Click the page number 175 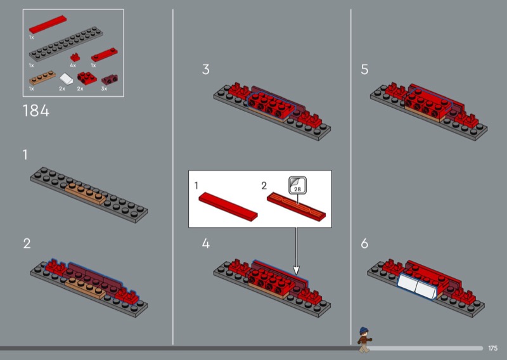point(493,348)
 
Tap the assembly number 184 point(36,111)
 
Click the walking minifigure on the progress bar point(364,340)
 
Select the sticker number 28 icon point(297,185)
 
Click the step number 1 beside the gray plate point(25,155)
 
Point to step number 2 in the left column point(27,243)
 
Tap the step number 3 point(205,69)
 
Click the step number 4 point(205,243)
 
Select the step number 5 point(364,69)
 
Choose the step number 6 point(364,243)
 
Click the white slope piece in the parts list point(67,79)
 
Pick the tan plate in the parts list point(42,77)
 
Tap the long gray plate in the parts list point(66,44)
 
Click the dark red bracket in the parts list point(110,79)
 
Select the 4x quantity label point(73,65)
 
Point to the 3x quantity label point(104,89)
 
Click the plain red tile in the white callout point(228,207)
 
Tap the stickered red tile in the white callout point(296,207)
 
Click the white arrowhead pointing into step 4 point(296,270)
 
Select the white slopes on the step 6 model point(417,286)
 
